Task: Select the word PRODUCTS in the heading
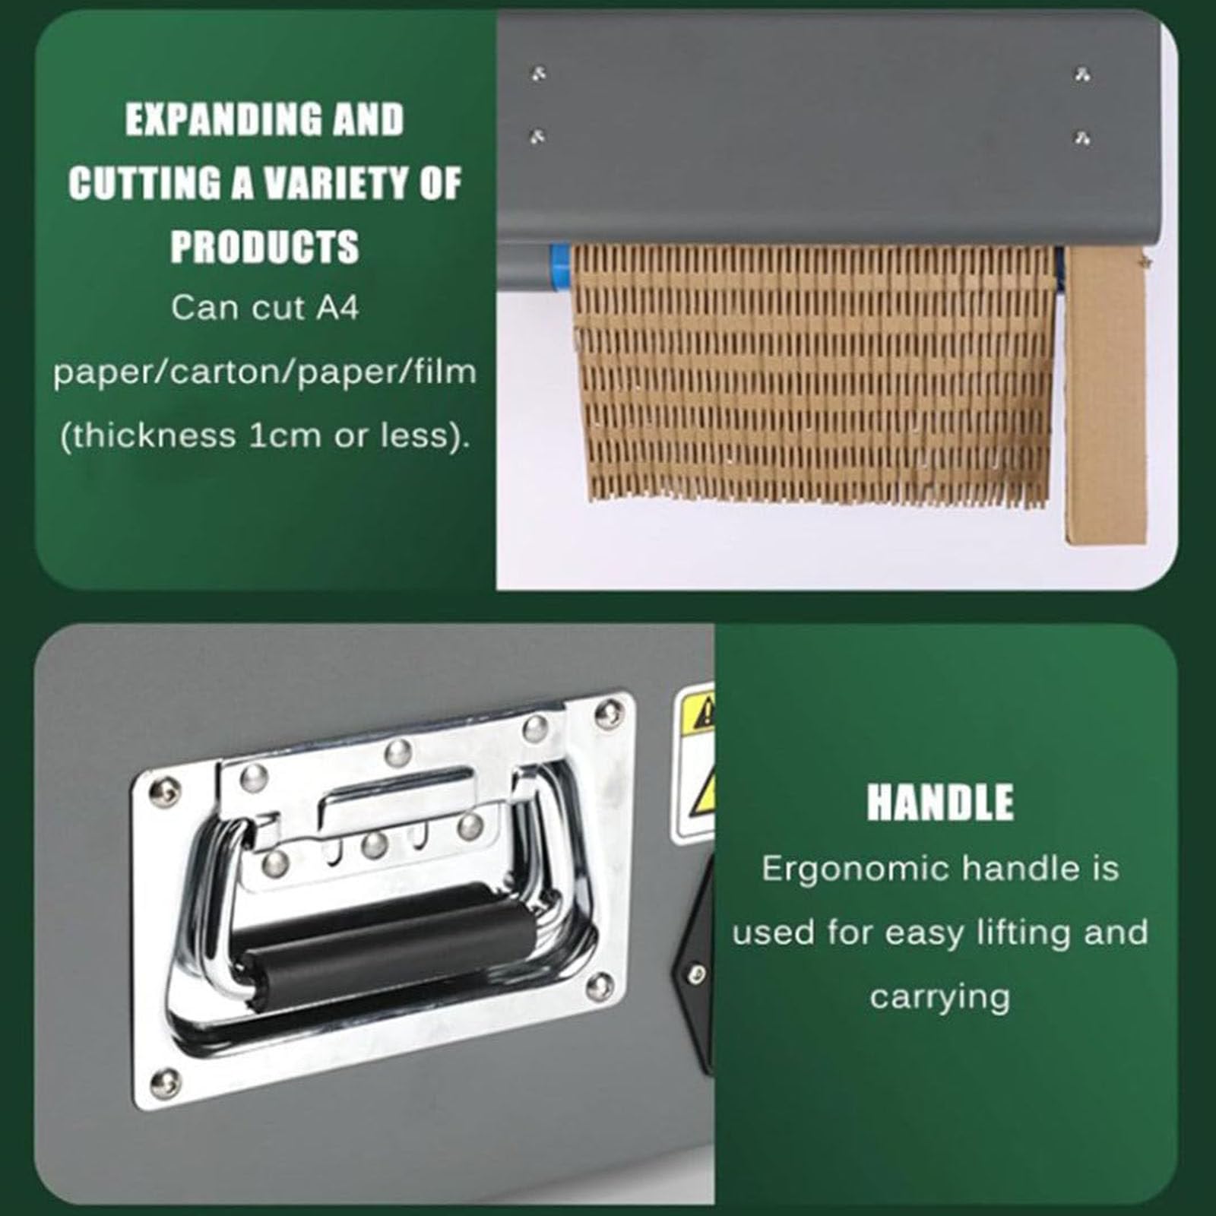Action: pyautogui.click(x=264, y=247)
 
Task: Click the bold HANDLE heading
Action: pyautogui.click(x=940, y=803)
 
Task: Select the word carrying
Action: pyautogui.click(x=940, y=998)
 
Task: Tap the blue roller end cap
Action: pyautogui.click(x=561, y=267)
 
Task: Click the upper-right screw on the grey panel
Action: pyautogui.click(x=1083, y=74)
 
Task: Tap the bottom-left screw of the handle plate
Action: pyautogui.click(x=165, y=1083)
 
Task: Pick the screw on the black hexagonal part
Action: pyautogui.click(x=696, y=973)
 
